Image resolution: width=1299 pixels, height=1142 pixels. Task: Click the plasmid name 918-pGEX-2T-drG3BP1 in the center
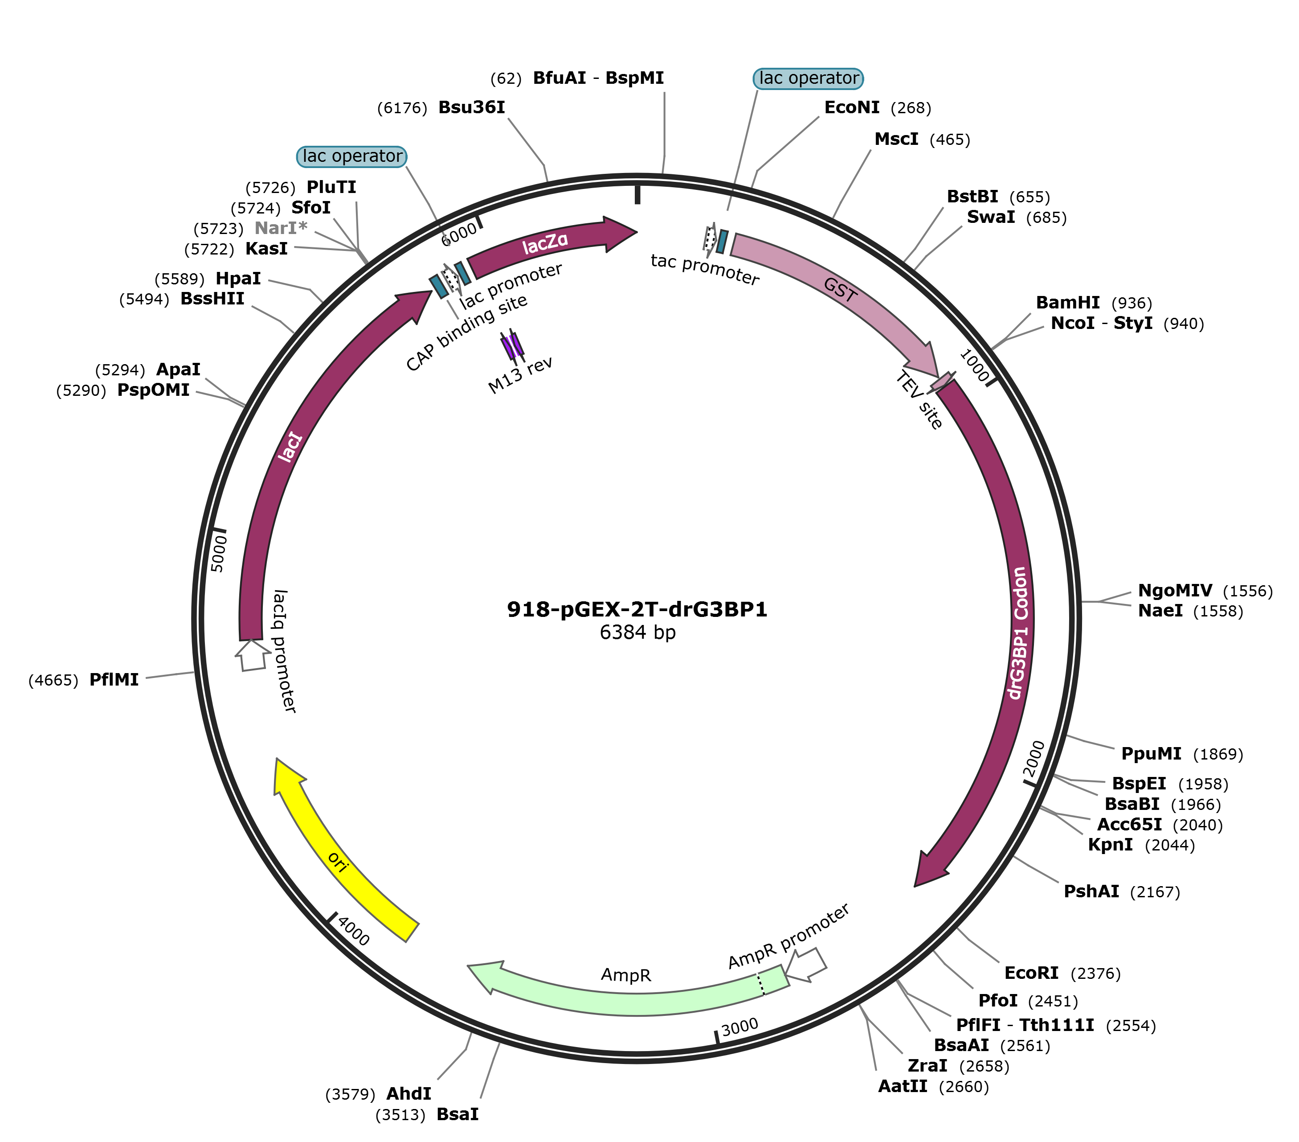click(x=637, y=610)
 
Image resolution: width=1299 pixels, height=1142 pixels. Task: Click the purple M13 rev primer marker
click(x=512, y=345)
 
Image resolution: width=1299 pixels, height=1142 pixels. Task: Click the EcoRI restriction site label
click(x=1031, y=974)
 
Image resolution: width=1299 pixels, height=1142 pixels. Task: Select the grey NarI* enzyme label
click(x=280, y=228)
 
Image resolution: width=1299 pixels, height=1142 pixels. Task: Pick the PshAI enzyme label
click(x=1091, y=891)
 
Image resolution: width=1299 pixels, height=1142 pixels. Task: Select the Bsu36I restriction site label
click(x=472, y=107)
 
